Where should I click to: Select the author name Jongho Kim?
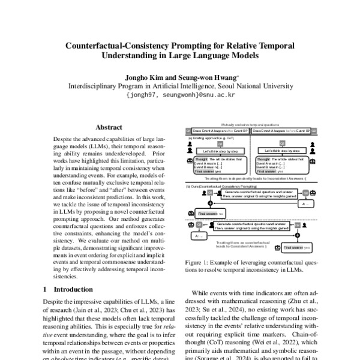[x=141, y=77]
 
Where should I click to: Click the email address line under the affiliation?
[x=179, y=95]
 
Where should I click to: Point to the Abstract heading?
[x=109, y=127]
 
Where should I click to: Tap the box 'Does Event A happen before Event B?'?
[x=280, y=130]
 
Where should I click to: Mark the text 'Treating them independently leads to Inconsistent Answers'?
[x=247, y=179]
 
